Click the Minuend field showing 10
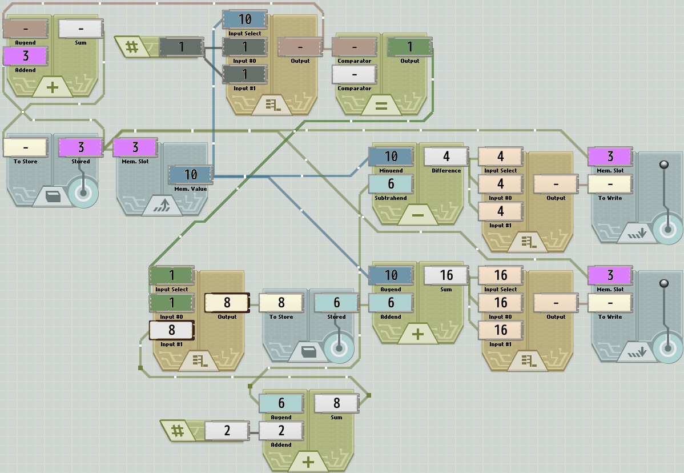coord(391,157)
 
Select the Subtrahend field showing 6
coord(391,184)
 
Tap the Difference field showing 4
coord(446,157)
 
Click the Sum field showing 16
coord(446,275)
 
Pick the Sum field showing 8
coord(336,403)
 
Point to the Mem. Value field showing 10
coord(190,174)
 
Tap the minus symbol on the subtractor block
coord(418,215)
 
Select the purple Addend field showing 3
coord(26,56)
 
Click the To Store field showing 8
coord(281,303)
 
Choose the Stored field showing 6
coord(336,303)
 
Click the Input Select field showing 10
coord(244,19)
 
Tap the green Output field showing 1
coord(409,47)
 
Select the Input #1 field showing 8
coord(171,330)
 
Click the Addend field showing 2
coord(281,431)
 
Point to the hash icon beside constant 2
coord(176,431)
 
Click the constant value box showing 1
coord(181,47)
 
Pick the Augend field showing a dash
coord(26,29)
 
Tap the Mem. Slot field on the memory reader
coord(135,147)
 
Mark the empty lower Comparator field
coord(354,74)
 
